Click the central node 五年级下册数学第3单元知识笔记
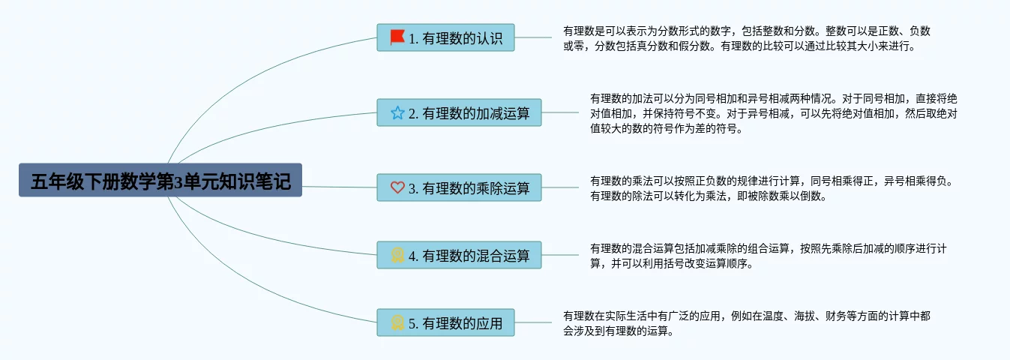point(160,180)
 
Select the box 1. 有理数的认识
point(445,37)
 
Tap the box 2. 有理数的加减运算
point(459,112)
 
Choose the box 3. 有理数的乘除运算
point(459,187)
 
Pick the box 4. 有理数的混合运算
point(459,255)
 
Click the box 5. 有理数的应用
point(445,322)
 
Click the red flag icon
point(397,37)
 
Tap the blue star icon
point(397,112)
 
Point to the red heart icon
point(397,187)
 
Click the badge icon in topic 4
point(397,255)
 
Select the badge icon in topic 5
point(397,322)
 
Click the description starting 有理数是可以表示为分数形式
point(747,38)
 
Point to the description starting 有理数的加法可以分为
point(774,113)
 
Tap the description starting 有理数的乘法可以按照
point(772,188)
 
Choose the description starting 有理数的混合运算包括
point(769,256)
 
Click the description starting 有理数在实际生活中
point(747,323)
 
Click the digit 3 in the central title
point(178,181)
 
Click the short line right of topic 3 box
point(560,187)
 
